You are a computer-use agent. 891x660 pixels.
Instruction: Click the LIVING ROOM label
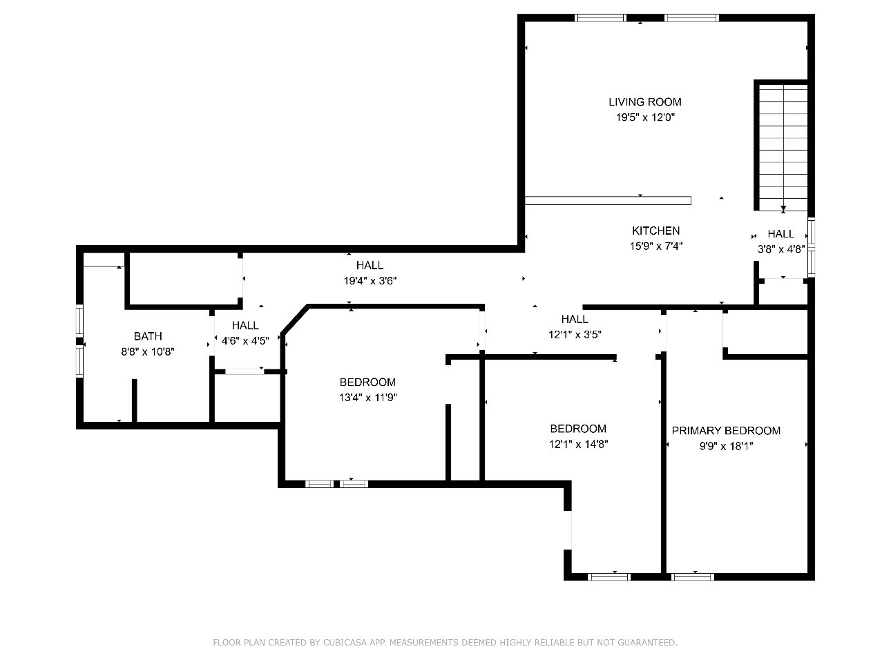(644, 102)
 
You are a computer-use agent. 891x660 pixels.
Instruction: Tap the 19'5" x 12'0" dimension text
(645, 117)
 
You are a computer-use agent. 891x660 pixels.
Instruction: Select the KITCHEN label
(655, 231)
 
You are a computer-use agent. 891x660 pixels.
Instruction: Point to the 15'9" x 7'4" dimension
(655, 246)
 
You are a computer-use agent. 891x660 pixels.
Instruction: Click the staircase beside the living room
(783, 148)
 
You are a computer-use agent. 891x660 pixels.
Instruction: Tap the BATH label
(148, 336)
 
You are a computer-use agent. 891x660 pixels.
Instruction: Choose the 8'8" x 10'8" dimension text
(148, 352)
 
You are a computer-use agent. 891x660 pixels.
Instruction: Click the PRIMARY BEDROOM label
(726, 431)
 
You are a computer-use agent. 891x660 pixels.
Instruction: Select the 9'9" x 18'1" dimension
(726, 446)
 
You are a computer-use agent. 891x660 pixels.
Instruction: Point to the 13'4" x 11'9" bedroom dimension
(367, 397)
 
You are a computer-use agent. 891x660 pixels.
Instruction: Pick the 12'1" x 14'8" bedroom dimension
(578, 444)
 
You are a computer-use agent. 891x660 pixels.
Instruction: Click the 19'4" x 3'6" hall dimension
(370, 281)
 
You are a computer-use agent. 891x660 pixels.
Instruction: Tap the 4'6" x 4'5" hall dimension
(245, 340)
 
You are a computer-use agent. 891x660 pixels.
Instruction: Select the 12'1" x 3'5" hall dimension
(575, 334)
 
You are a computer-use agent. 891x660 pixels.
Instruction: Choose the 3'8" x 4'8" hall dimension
(781, 249)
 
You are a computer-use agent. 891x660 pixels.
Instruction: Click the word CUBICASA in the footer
(345, 642)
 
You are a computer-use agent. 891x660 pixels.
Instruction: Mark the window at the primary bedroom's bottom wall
(693, 577)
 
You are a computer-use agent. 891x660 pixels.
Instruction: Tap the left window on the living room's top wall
(600, 18)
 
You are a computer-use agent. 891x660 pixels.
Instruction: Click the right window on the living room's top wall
(691, 18)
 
